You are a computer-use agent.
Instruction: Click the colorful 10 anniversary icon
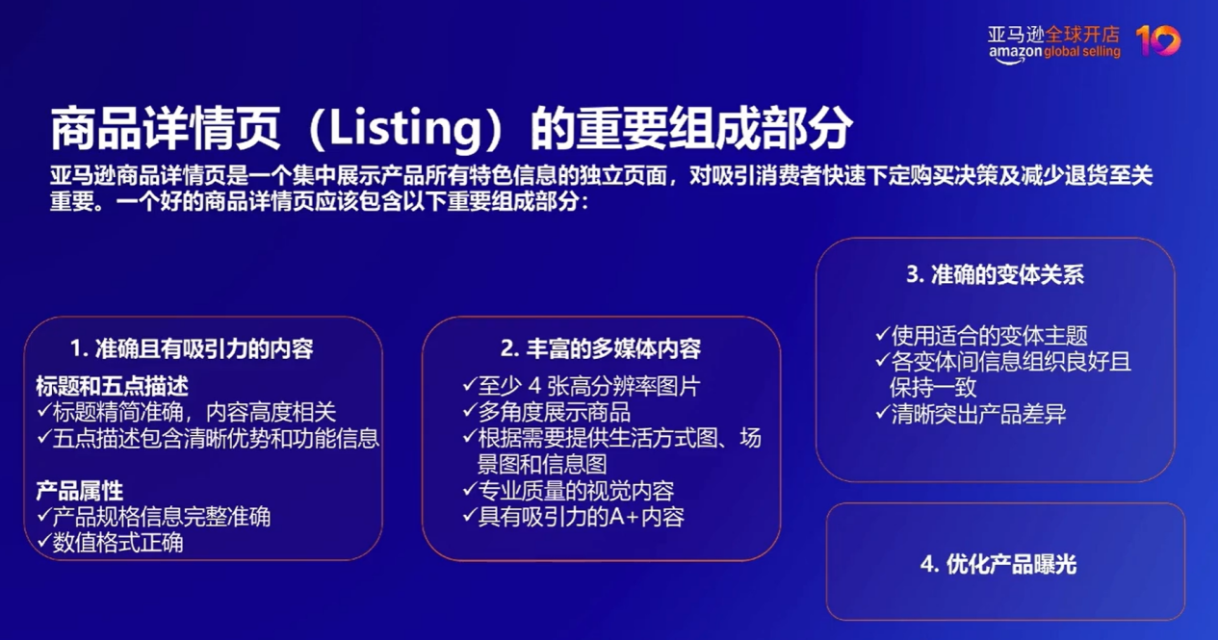(1157, 40)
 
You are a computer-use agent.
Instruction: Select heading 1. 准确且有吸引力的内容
(192, 348)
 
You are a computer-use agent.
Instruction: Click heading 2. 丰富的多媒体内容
(601, 348)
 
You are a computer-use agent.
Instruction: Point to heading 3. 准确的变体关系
(995, 274)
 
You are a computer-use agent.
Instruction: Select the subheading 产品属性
(80, 491)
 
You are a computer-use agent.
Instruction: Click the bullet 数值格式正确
(117, 543)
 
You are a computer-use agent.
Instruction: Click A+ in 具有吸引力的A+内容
(625, 517)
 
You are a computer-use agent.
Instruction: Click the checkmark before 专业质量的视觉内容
(469, 490)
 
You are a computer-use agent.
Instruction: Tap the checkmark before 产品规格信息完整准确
(43, 516)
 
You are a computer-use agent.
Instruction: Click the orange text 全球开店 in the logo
(1083, 34)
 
